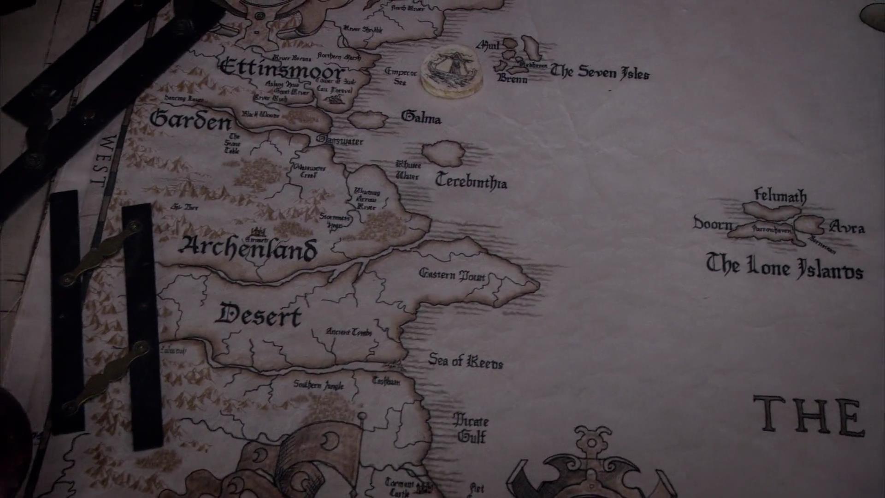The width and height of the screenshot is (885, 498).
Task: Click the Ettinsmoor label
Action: [282, 69]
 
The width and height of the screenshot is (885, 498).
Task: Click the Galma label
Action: [421, 118]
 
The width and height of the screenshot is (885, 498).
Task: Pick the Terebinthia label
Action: [471, 181]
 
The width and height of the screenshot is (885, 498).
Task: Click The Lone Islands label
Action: [784, 267]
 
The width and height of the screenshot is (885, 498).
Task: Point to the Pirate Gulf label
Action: [471, 428]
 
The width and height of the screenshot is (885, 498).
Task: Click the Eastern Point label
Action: [452, 275]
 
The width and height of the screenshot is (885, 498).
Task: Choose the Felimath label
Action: [780, 196]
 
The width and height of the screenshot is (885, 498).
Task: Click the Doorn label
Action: [713, 224]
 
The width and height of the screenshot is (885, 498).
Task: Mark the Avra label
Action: [847, 227]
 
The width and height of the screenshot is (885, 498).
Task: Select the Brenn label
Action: [512, 79]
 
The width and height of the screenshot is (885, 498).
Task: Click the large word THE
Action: [809, 416]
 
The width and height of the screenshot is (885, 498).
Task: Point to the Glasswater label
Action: [340, 140]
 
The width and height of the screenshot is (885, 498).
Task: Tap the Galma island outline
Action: [367, 119]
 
